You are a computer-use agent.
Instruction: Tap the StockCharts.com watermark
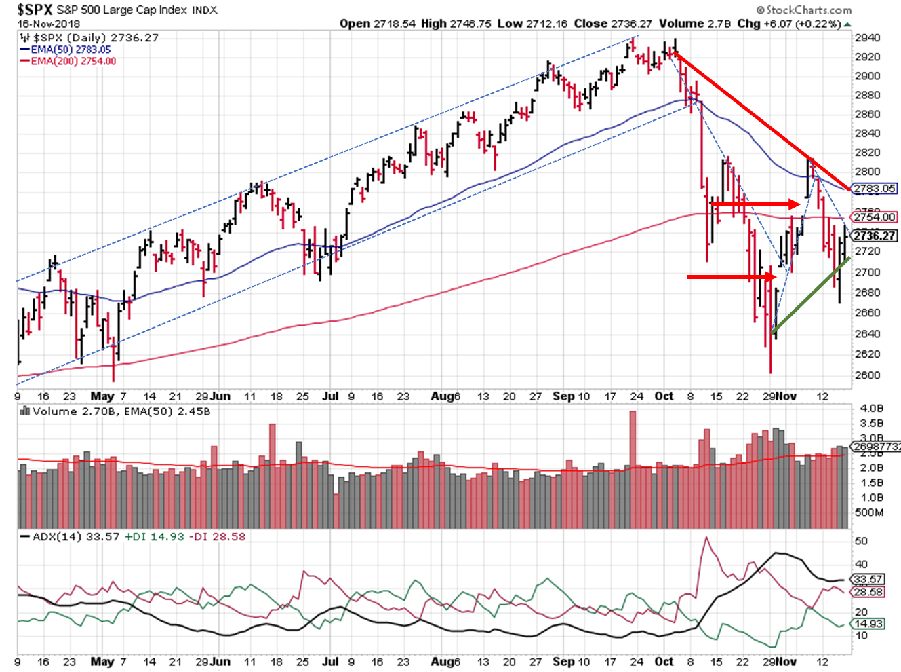(x=803, y=10)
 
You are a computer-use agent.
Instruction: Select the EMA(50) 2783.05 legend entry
(x=71, y=50)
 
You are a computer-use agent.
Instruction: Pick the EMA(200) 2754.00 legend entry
(x=73, y=61)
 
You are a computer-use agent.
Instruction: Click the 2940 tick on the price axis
(x=867, y=38)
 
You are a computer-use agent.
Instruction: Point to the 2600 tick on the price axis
(x=867, y=375)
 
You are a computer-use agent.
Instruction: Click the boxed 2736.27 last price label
(x=875, y=236)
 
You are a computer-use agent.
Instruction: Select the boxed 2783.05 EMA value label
(x=874, y=189)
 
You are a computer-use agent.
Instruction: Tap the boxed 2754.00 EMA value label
(x=874, y=217)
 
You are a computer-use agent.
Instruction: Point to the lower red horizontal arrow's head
(x=770, y=277)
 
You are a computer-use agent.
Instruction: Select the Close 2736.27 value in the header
(x=612, y=24)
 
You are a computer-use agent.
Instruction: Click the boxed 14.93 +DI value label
(x=868, y=624)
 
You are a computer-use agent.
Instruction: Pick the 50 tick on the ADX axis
(x=861, y=541)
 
